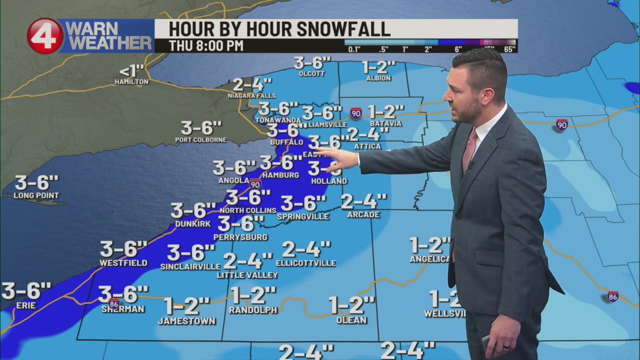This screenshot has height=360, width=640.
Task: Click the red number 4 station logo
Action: pyautogui.click(x=45, y=36)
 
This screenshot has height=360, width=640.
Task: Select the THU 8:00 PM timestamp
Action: pyautogui.click(x=206, y=45)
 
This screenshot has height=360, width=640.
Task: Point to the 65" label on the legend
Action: pyautogui.click(x=509, y=49)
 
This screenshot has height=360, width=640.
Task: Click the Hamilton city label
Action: pyautogui.click(x=131, y=81)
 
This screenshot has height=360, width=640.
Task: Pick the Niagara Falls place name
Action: pyautogui.click(x=251, y=95)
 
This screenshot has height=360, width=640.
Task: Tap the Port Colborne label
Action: pyautogui.click(x=200, y=140)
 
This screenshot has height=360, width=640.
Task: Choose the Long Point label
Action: pyautogui.click(x=36, y=195)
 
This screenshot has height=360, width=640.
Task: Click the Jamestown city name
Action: pyautogui.click(x=186, y=321)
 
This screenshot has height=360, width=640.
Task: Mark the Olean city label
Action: pyautogui.click(x=351, y=320)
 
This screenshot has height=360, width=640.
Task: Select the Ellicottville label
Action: pyautogui.click(x=305, y=263)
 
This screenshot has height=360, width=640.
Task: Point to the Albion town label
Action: pyautogui.click(x=378, y=78)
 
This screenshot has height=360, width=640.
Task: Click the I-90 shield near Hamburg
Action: pyautogui.click(x=255, y=183)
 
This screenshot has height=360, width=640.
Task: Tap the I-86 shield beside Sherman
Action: pyautogui.click(x=114, y=303)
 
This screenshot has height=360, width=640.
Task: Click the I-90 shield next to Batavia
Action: pyautogui.click(x=355, y=113)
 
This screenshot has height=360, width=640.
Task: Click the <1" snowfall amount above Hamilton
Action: pyautogui.click(x=131, y=71)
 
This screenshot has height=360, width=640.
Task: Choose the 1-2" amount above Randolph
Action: pyautogui.click(x=253, y=295)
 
